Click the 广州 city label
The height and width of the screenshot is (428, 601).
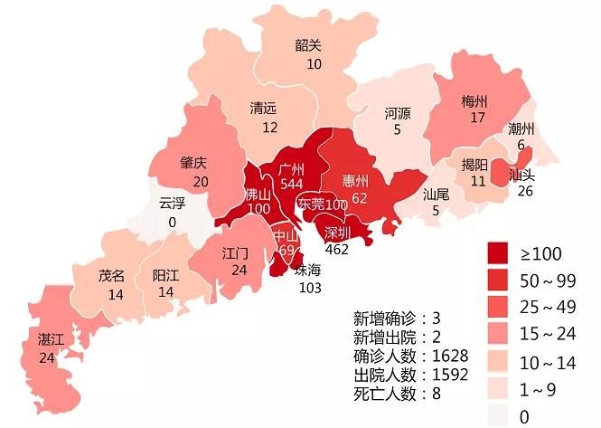(291, 169)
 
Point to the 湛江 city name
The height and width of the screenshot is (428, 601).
(51, 340)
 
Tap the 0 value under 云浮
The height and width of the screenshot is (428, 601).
(172, 222)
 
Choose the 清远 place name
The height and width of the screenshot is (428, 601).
(264, 109)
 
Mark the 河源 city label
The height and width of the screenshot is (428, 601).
(398, 113)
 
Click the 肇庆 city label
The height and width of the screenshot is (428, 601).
(193, 164)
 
